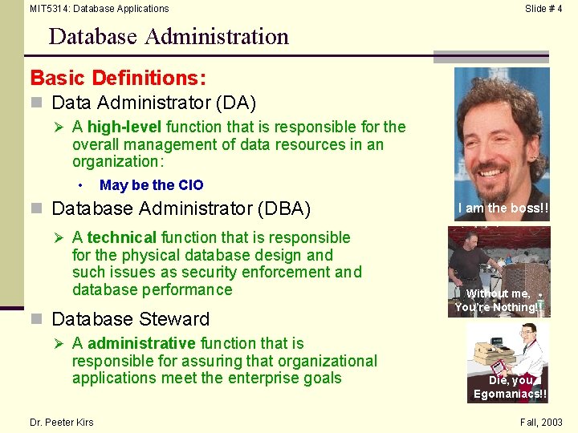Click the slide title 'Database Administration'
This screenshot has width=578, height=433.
coord(169,37)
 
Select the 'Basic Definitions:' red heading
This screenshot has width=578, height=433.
coord(118,78)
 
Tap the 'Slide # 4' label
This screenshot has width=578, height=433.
coord(543,9)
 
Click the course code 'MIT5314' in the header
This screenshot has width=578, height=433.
coord(49,9)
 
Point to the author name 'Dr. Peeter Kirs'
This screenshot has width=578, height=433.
coord(61,423)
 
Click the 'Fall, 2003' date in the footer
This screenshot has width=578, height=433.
coord(541,423)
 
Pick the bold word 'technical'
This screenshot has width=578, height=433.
coord(122,237)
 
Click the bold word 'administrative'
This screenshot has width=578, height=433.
coord(142,343)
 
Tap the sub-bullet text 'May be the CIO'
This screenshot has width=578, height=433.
coord(152,185)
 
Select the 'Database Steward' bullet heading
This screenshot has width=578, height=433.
coord(130,319)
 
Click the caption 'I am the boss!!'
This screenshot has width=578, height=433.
coord(503,208)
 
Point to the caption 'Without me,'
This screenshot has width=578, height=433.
coord(499,293)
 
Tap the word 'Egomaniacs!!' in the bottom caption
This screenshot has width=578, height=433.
coord(510,394)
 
